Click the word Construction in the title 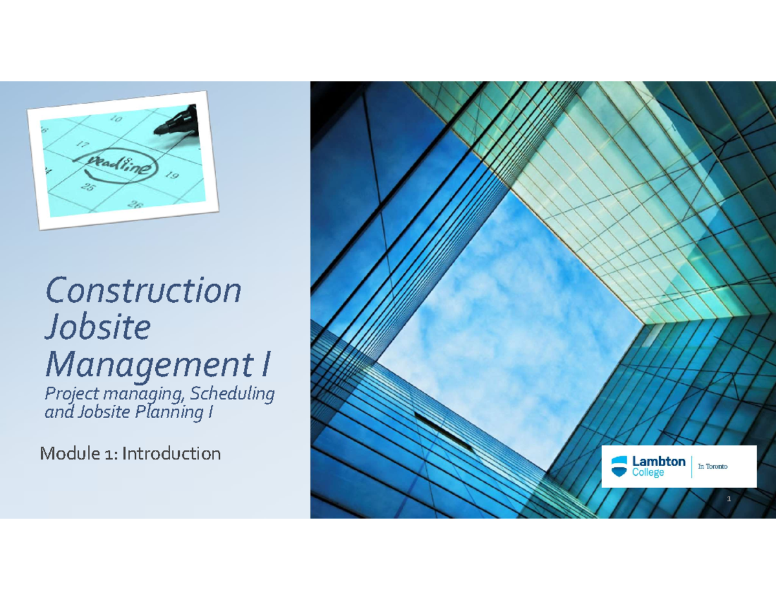tap(143, 291)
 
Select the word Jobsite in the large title tap(97, 329)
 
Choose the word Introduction tap(171, 454)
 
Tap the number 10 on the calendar tap(116, 118)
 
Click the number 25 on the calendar tap(87, 188)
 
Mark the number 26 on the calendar tap(136, 205)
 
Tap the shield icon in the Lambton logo tap(620, 465)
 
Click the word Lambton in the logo tap(658, 461)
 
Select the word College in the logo tap(648, 473)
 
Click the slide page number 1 tap(728, 499)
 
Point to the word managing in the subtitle tap(121, 394)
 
